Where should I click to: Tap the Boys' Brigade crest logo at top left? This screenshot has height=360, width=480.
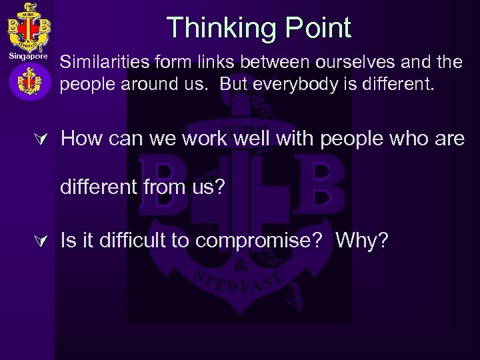click(26, 26)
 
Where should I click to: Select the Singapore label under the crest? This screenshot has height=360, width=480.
click(28, 57)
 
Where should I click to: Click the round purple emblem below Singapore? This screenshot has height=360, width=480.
click(28, 82)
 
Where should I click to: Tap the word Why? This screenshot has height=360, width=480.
click(362, 241)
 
